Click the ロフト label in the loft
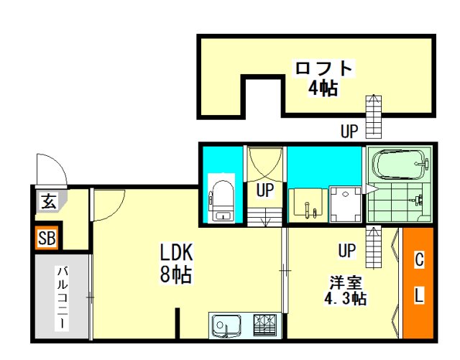(x=323, y=68)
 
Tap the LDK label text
(x=176, y=252)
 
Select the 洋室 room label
(x=346, y=283)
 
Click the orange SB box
(x=47, y=238)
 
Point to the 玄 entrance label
(x=48, y=201)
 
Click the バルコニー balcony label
(x=63, y=297)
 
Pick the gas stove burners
(x=265, y=325)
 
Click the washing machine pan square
(x=345, y=204)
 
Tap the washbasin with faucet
(x=308, y=206)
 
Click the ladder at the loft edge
(x=374, y=116)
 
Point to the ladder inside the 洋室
(x=374, y=246)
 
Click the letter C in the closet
(x=419, y=260)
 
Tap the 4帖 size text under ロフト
(x=323, y=88)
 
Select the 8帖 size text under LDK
(x=175, y=274)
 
